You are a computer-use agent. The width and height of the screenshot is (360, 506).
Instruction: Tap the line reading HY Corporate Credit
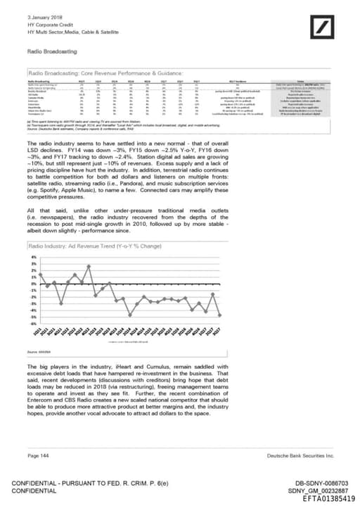[47, 25]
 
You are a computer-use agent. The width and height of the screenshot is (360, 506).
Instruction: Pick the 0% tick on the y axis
[33, 284]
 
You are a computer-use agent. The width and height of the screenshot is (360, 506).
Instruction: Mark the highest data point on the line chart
[90, 266]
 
